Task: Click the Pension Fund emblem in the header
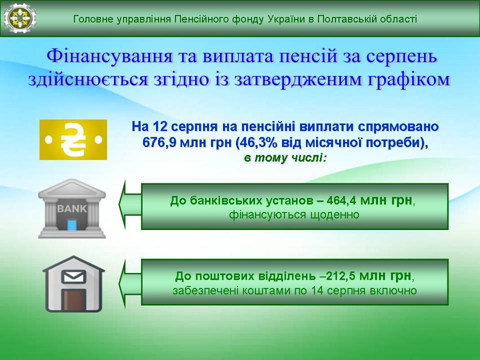[20, 18]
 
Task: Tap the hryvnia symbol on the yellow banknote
[73, 139]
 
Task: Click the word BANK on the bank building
[72, 208]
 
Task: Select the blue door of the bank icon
[72, 225]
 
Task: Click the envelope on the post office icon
[74, 277]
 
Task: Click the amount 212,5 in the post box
[340, 276]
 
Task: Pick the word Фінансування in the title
[109, 56]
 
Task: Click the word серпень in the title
[401, 57]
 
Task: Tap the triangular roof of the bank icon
[72, 187]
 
